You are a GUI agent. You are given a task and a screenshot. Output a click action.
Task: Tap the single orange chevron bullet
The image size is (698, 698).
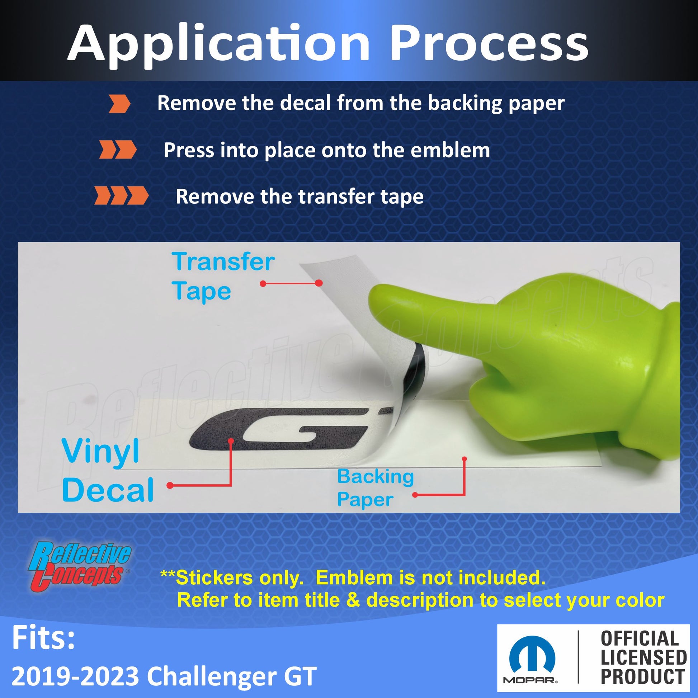click(119, 104)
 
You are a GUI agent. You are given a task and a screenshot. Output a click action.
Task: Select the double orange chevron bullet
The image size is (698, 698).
click(118, 150)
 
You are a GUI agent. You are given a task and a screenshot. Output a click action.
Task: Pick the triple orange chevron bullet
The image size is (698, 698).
click(121, 196)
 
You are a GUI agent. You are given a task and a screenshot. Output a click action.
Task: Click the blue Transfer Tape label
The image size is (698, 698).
click(223, 277)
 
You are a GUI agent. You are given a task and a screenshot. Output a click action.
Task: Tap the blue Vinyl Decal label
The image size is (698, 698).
click(108, 470)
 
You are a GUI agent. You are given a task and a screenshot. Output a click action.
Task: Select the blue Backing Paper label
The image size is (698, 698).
click(376, 488)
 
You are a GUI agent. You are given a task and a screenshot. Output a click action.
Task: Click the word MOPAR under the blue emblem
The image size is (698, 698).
click(530, 681)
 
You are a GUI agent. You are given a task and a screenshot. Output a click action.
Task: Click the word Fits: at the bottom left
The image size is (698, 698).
click(43, 638)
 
